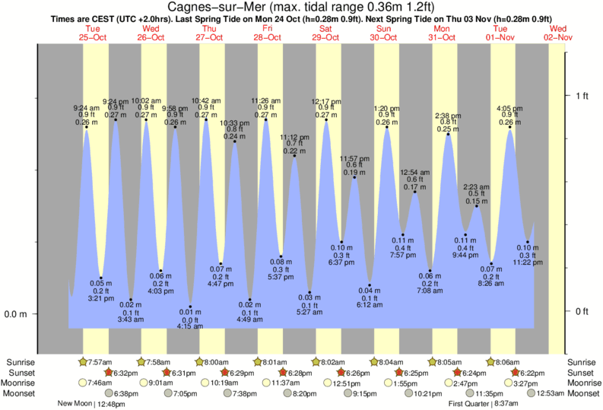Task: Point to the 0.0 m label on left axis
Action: point(17,314)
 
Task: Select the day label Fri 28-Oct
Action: point(268,33)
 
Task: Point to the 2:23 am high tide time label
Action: point(477,186)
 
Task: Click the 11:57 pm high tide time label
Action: point(354,157)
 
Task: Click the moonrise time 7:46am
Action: point(98,383)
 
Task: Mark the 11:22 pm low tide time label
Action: point(527,262)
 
